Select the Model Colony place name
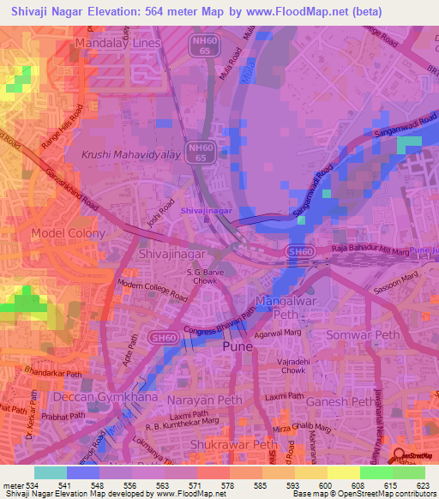(69, 233)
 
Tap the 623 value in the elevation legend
(420, 484)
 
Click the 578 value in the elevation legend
(226, 484)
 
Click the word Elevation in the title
(108, 10)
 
